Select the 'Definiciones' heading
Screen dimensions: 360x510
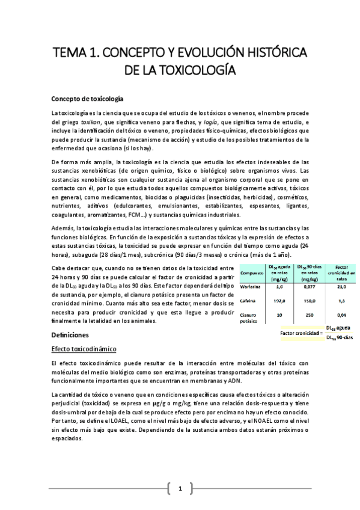(x=70, y=334)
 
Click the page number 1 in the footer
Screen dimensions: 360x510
(x=180, y=488)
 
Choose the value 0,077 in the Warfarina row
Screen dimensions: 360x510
(x=311, y=287)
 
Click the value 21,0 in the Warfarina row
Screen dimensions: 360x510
(x=341, y=287)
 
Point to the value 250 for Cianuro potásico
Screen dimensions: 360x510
(x=311, y=315)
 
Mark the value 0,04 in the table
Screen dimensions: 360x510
(x=341, y=315)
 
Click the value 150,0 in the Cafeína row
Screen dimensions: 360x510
(x=311, y=301)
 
